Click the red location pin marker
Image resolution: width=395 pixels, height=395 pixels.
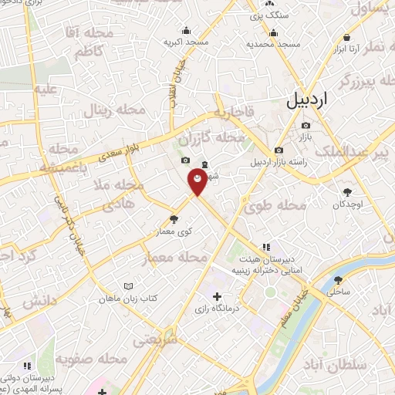(197, 183)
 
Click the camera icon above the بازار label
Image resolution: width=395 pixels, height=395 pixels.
(306, 126)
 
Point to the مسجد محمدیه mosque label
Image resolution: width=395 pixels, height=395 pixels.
(272, 44)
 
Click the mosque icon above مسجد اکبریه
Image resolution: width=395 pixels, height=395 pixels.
(186, 31)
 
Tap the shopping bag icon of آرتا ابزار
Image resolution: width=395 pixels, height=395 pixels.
(347, 38)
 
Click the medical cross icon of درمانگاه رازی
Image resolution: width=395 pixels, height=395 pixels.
(217, 296)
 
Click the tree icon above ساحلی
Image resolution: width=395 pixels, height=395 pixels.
(338, 279)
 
